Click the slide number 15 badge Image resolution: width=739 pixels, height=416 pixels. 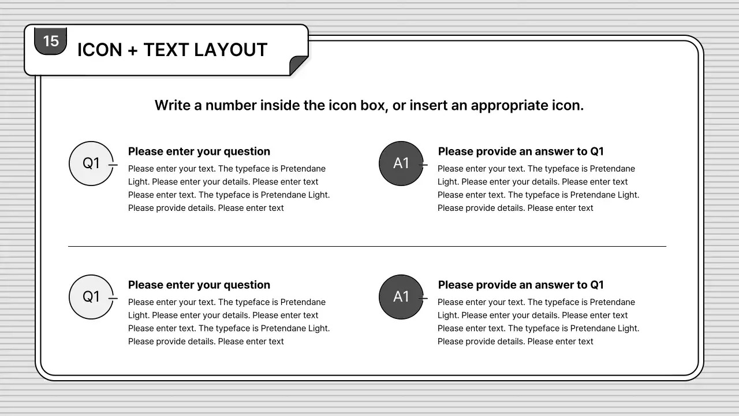click(51, 41)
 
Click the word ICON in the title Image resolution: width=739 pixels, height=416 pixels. click(100, 50)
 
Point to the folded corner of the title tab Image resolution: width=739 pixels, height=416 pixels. click(298, 65)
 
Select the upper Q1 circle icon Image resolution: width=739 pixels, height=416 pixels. click(91, 164)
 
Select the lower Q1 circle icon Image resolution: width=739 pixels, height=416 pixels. click(91, 297)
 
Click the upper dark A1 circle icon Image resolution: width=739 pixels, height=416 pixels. click(401, 164)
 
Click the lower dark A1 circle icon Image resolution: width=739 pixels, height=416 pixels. click(401, 297)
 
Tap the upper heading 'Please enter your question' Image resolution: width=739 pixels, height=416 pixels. click(199, 151)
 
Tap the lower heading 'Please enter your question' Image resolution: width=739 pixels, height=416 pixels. click(199, 285)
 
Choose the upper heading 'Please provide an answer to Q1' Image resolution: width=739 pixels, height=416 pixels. click(521, 151)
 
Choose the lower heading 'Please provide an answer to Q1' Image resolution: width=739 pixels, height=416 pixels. click(521, 285)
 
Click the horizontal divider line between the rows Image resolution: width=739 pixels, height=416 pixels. click(367, 247)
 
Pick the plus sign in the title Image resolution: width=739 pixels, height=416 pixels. click(133, 50)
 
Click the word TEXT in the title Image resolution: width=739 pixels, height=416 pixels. click(166, 50)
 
